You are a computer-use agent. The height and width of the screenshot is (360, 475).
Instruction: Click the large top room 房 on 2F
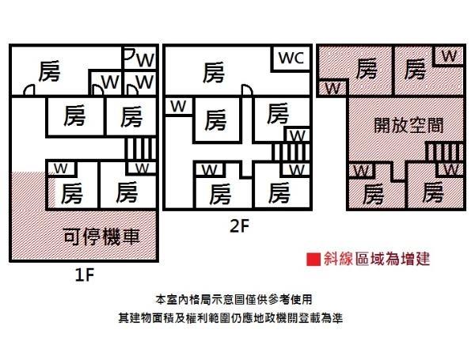tap(212, 74)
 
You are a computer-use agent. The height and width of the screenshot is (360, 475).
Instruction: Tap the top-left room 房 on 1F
tap(49, 73)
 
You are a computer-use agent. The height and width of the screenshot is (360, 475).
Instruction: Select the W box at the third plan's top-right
tap(448, 55)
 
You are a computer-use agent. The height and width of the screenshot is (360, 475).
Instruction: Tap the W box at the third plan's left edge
tap(332, 85)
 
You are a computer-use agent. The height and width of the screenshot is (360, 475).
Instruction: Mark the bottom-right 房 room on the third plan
tap(432, 192)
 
